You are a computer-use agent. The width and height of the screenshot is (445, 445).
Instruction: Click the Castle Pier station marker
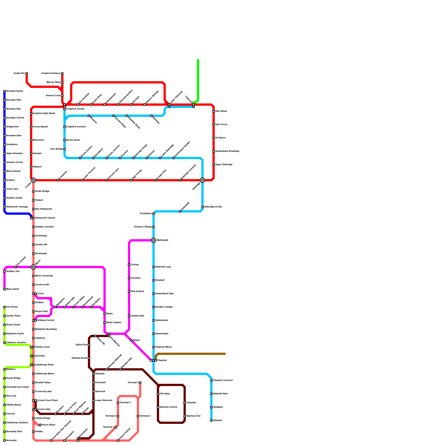click(27, 73)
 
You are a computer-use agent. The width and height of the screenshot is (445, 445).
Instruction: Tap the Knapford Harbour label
click(51, 73)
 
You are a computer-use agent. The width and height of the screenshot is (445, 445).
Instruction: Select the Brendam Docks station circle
click(4, 91)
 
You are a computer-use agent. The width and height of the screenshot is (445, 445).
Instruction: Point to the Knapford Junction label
click(76, 127)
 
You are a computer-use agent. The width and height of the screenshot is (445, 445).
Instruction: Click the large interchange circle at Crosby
click(33, 180)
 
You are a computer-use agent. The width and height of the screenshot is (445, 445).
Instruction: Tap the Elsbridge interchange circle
click(202, 180)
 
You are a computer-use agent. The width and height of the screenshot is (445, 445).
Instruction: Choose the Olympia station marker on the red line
click(31, 154)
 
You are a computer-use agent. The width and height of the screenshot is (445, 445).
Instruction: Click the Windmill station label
click(160, 280)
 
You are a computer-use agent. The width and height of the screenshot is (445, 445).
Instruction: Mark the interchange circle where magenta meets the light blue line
click(154, 240)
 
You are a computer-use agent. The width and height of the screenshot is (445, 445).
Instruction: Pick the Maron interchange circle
click(33, 267)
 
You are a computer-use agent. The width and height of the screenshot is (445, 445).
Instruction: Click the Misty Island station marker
click(4, 289)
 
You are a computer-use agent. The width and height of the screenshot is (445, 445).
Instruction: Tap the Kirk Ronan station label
click(12, 307)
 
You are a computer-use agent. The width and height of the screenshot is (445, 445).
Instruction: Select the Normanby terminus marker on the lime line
click(4, 441)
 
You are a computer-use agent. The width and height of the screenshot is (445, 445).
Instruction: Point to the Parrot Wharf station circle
click(40, 425)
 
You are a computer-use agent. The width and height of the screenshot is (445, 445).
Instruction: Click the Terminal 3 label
click(125, 403)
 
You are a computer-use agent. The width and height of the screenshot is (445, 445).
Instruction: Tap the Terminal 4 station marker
click(138, 416)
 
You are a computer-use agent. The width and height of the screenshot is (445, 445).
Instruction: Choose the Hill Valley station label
click(165, 394)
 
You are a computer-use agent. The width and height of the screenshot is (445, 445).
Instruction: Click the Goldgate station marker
click(211, 407)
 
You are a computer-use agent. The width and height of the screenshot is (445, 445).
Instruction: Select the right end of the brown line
click(225, 354)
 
